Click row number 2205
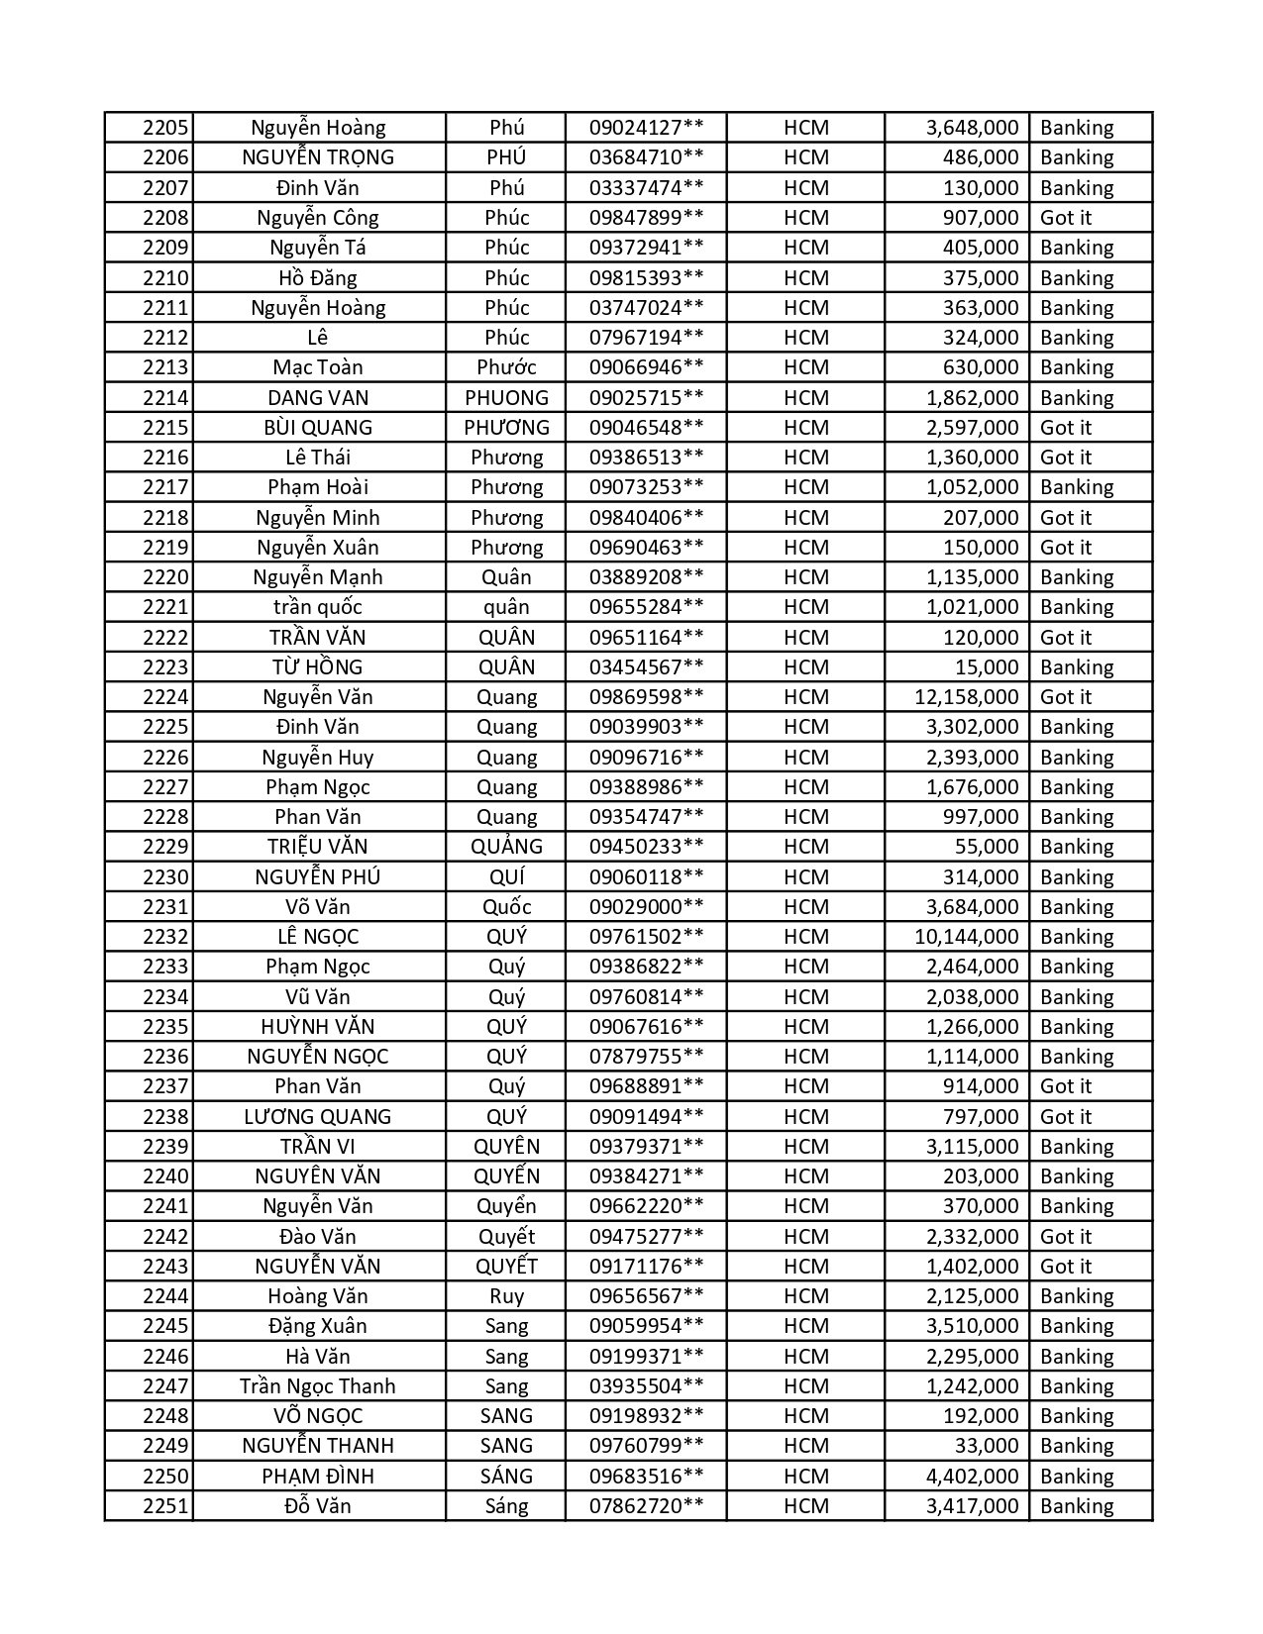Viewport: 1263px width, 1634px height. click(165, 128)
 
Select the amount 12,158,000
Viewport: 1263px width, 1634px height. click(966, 697)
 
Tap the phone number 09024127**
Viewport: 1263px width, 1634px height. click(646, 128)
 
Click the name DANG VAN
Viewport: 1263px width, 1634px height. click(318, 398)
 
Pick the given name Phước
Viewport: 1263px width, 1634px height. click(506, 367)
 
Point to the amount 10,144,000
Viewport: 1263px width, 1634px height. click(966, 937)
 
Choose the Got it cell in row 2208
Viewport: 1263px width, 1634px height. click(1066, 218)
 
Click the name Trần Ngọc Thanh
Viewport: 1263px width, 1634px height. click(318, 1386)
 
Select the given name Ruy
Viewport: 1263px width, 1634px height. click(506, 1296)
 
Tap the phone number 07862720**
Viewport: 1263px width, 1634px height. click(646, 1506)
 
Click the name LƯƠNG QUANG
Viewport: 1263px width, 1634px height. click(318, 1117)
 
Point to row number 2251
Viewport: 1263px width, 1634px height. click(165, 1506)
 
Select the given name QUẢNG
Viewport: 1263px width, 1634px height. click(506, 847)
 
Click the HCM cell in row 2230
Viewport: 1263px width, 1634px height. click(805, 877)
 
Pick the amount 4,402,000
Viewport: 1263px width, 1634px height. click(972, 1477)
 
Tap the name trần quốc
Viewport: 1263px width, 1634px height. click(318, 607)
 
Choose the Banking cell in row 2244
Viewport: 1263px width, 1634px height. click(1077, 1296)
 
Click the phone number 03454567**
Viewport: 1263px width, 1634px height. click(646, 667)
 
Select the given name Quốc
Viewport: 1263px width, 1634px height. click(506, 907)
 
